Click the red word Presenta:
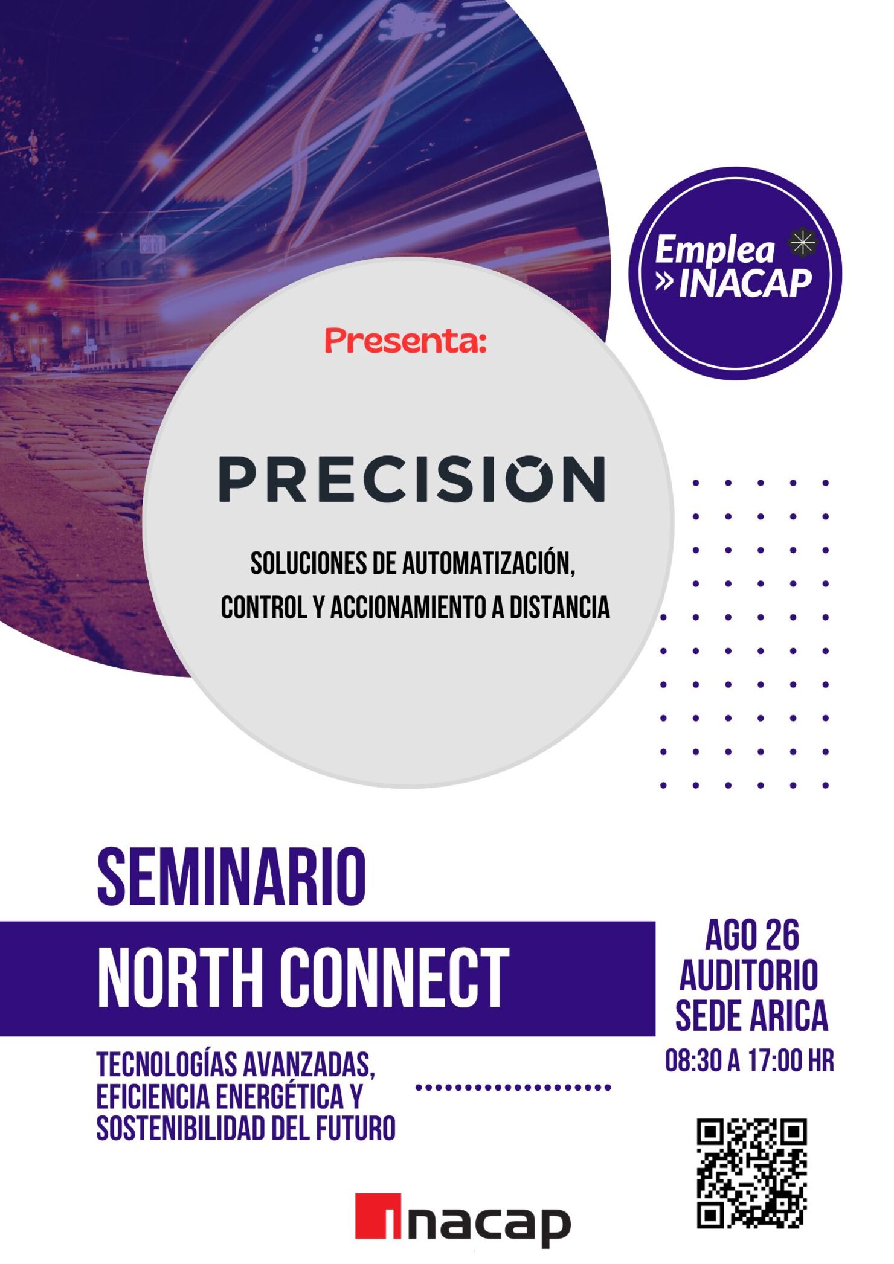point(405,341)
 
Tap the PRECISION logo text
point(411,479)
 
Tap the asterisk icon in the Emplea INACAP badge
point(803,243)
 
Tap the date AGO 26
point(752,936)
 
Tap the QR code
point(752,1173)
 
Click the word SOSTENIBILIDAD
point(181,1128)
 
